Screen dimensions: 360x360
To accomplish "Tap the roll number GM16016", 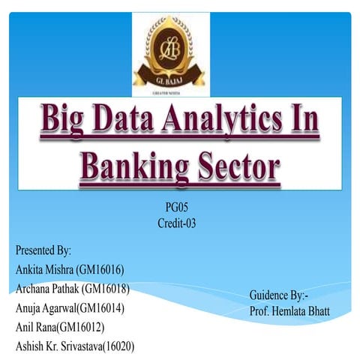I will (x=106, y=269).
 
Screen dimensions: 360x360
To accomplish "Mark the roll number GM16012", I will (x=85, y=328).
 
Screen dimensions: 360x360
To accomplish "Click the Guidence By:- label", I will (x=278, y=295).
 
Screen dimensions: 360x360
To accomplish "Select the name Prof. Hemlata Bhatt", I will (x=289, y=310).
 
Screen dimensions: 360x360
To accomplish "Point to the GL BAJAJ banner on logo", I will (x=171, y=77).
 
